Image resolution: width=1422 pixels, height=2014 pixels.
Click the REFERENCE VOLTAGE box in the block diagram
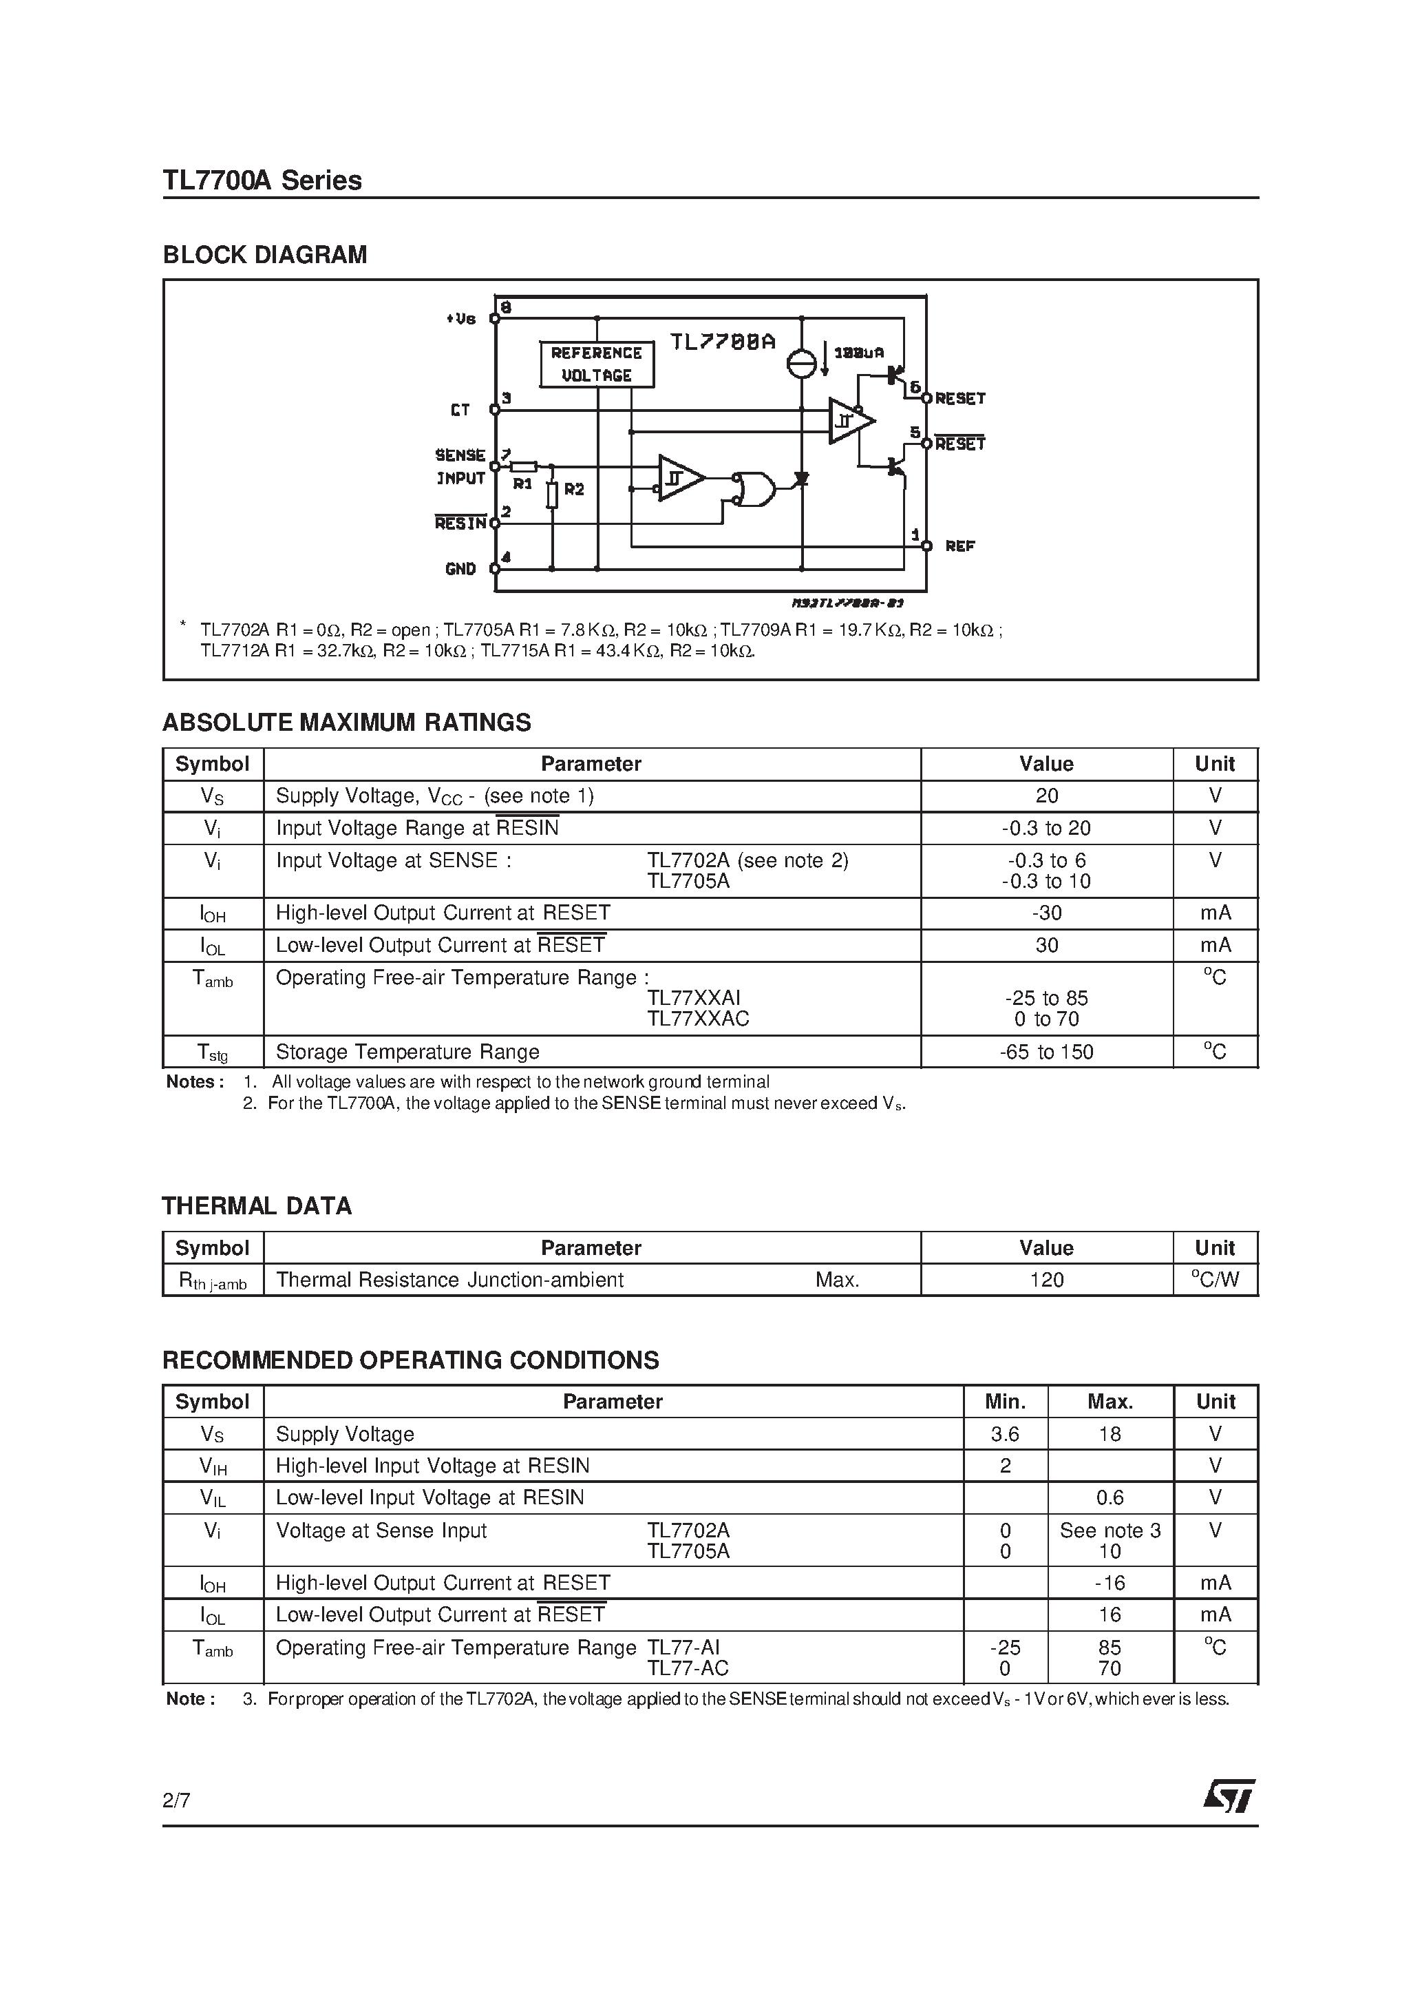pos(596,364)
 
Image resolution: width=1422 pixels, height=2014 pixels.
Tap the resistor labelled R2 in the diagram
pos(552,494)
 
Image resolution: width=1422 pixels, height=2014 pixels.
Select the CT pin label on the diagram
pos(460,410)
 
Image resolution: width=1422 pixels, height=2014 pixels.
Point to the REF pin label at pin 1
pos(960,546)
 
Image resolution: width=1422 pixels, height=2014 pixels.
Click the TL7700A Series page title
pos(262,180)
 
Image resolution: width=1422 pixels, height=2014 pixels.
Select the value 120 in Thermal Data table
pos(1047,1280)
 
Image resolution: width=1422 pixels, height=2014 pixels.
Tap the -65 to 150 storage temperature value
pos(1047,1052)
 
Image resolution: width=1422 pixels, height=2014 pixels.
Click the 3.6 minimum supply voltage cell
pos(1005,1434)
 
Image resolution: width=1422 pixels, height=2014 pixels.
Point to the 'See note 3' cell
pos(1110,1530)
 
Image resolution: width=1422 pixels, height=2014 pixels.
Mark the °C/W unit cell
pos(1215,1280)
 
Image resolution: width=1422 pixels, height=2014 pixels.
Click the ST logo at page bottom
pos(1229,1796)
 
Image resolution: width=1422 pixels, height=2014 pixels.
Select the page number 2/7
pos(176,1801)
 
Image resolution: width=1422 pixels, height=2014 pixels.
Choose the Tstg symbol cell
pos(212,1052)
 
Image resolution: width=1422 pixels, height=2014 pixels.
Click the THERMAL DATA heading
pos(257,1206)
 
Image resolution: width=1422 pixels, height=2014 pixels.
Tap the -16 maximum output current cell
pos(1110,1584)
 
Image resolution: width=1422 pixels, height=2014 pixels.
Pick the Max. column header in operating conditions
pos(1110,1402)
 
